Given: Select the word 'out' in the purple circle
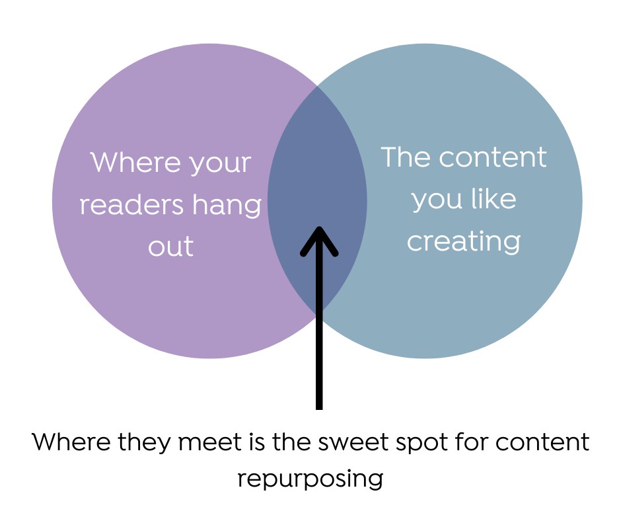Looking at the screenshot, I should coord(170,247).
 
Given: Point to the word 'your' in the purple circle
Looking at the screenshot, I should coord(219,164).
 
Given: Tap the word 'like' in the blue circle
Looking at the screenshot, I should coord(494,198).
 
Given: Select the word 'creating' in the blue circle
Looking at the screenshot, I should coord(463,242).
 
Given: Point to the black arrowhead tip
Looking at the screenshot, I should coord(320,229).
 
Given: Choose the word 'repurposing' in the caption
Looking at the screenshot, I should coord(310,478).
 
